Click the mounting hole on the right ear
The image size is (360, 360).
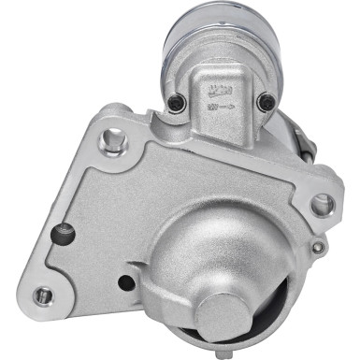tap(321, 202)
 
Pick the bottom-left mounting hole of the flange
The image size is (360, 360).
tap(42, 296)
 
